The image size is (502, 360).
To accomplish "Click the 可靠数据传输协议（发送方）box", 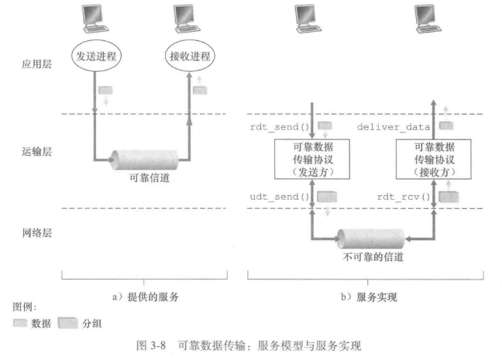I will pos(312,161).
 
